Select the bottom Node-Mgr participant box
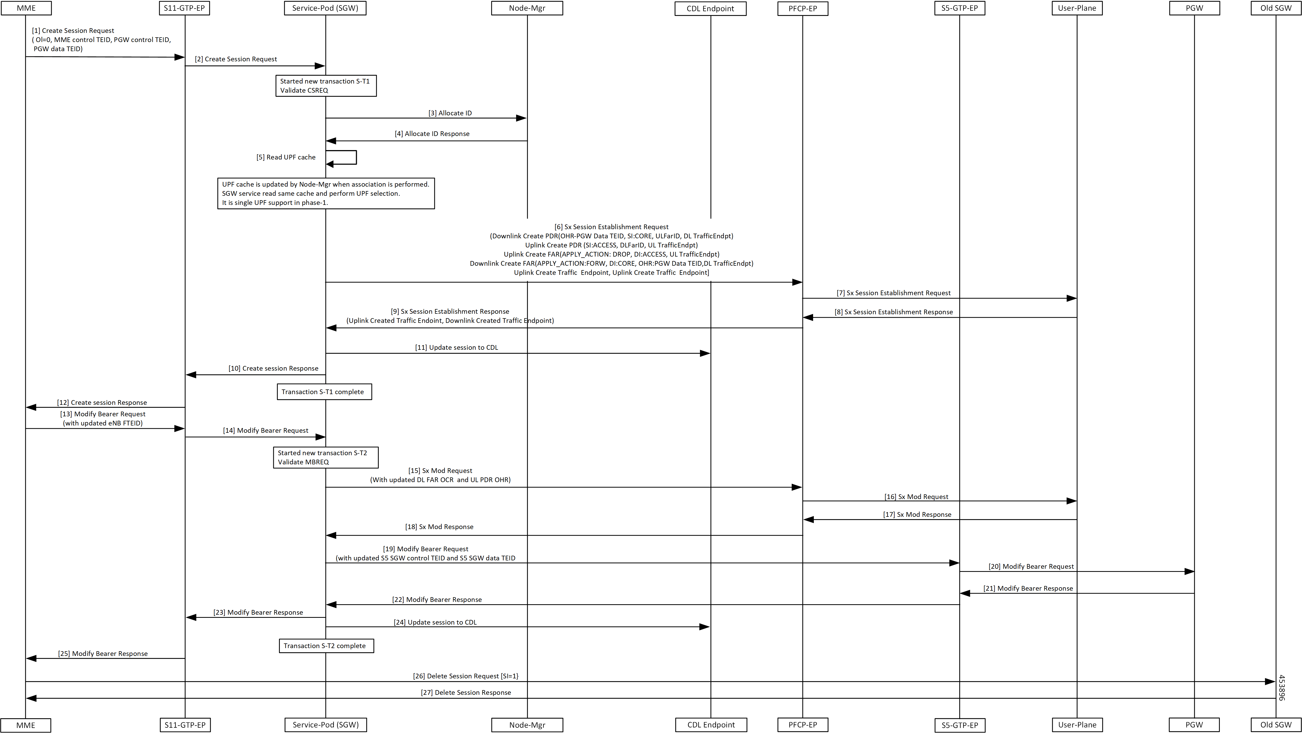coord(527,725)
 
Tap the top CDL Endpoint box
coord(710,9)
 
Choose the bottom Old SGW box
coord(1276,724)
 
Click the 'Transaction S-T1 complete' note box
coord(324,392)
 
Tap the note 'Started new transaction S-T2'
coord(325,458)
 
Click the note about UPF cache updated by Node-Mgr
coord(326,193)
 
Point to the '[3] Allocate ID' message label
coord(450,113)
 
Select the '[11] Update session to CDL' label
coord(457,347)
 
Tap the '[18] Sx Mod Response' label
coord(439,527)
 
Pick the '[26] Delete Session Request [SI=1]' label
coord(465,676)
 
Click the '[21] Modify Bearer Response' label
coord(1028,588)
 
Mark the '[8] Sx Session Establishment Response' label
coord(893,312)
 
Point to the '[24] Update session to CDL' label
coord(435,622)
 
